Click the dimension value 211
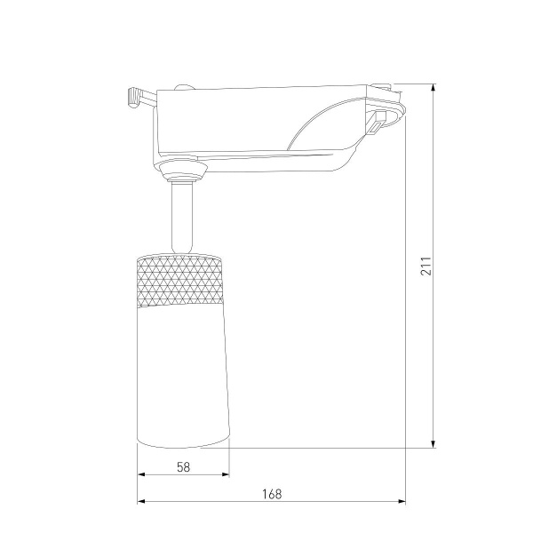426,266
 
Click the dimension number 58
183,465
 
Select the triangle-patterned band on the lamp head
181,280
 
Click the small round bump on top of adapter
185,86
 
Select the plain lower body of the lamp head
182,373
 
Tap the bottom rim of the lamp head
182,443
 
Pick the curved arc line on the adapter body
311,124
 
